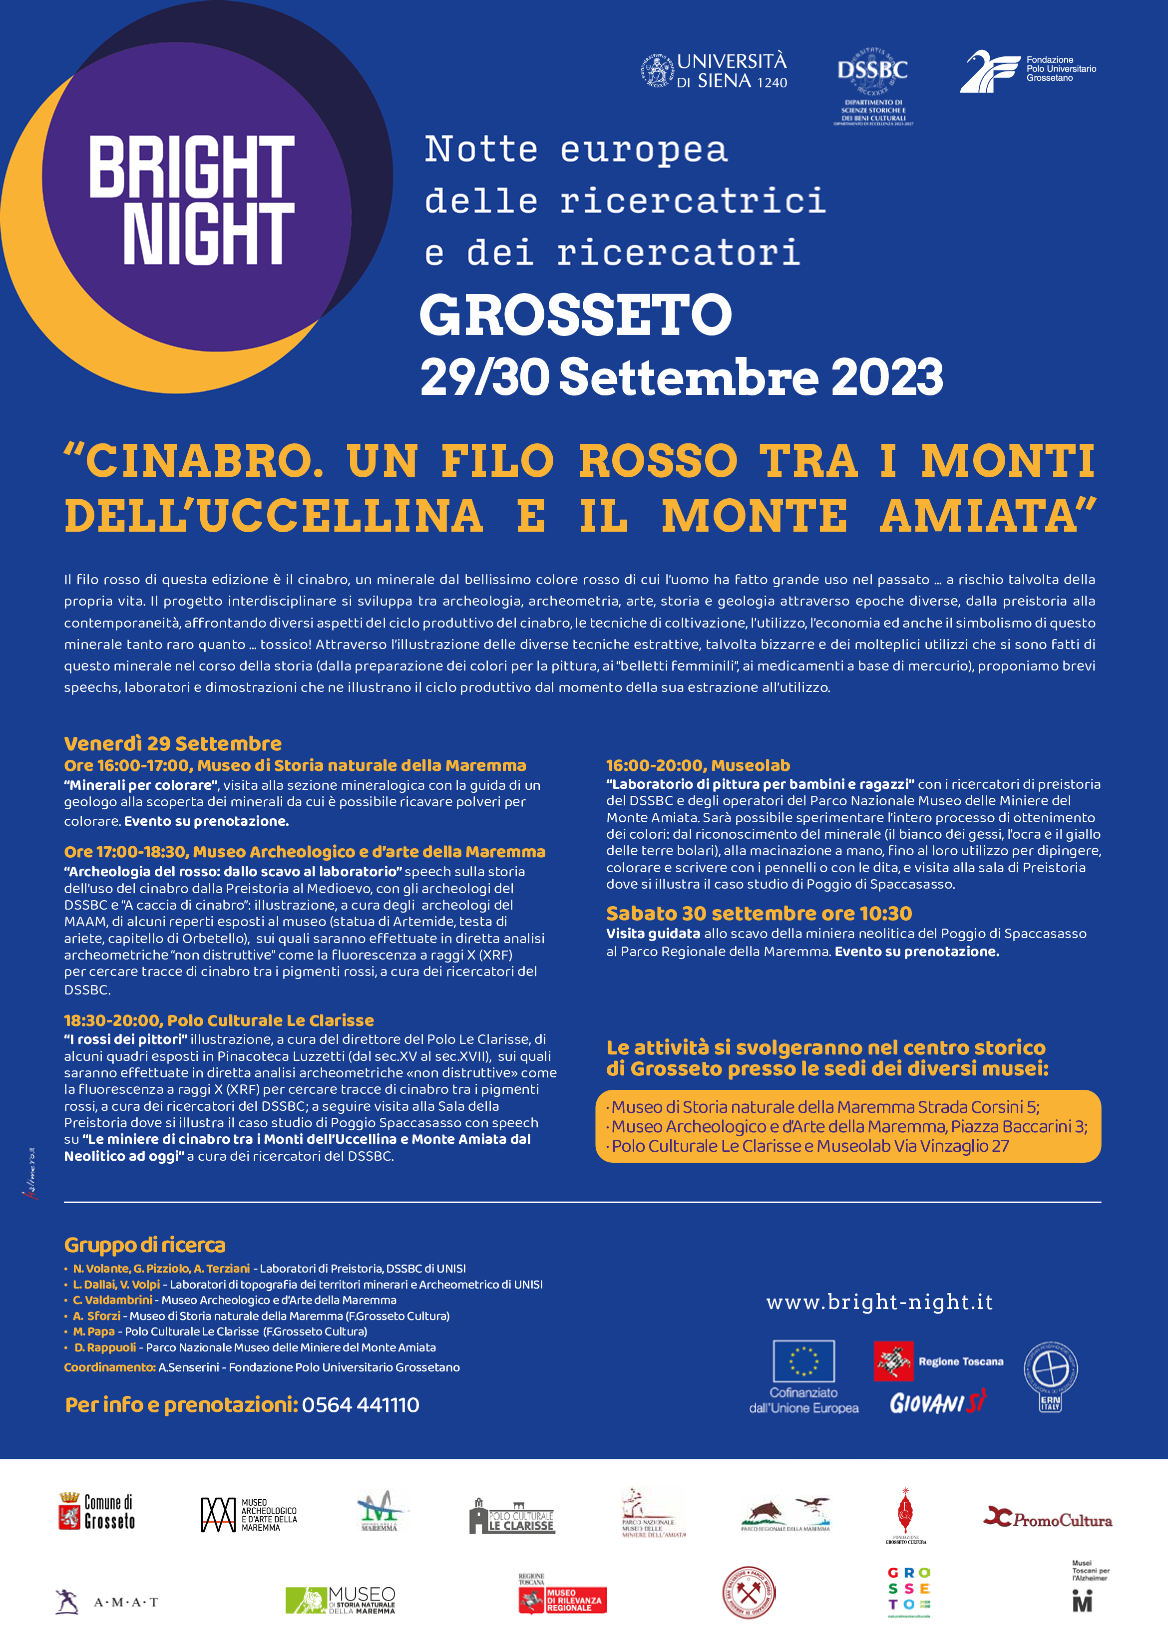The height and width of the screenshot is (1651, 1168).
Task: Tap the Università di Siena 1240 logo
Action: [714, 71]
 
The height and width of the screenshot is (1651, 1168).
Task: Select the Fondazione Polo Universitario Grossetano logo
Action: [1027, 70]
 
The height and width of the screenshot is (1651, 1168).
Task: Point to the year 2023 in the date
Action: [887, 377]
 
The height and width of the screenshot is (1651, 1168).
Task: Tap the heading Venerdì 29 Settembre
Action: [173, 743]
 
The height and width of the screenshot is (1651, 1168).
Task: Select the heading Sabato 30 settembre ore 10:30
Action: [759, 913]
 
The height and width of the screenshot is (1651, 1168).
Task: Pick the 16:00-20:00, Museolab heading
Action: [698, 765]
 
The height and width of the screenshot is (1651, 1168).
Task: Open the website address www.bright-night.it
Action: [879, 1302]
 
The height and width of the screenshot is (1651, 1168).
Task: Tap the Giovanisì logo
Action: [938, 1402]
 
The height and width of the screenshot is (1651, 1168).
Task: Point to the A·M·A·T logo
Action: [106, 1602]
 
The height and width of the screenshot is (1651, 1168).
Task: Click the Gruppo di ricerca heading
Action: [144, 1245]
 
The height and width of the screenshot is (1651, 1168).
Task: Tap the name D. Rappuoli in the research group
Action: [105, 1347]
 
